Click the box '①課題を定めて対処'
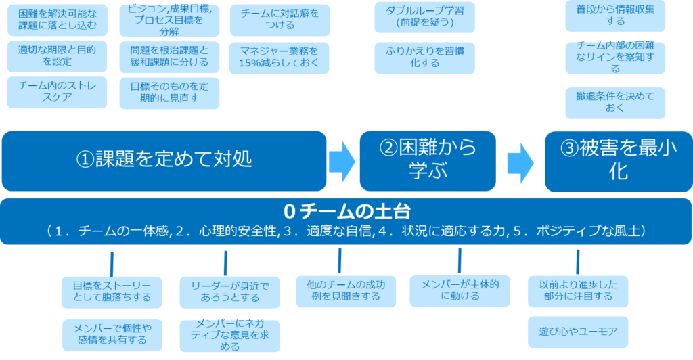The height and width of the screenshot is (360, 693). click(x=164, y=160)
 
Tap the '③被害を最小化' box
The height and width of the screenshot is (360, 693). click(x=619, y=160)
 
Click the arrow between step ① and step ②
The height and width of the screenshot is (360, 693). click(x=342, y=161)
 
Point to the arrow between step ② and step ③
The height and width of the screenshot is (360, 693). click(x=520, y=161)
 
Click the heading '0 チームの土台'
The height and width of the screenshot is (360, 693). click(x=346, y=210)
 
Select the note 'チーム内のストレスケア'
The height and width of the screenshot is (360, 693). click(x=57, y=93)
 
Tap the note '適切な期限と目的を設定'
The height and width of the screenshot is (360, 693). click(x=57, y=56)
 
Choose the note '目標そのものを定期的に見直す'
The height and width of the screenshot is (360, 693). click(x=170, y=93)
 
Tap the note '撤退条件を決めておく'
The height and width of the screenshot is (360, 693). click(x=615, y=102)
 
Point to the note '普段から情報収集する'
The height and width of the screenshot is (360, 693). click(x=615, y=16)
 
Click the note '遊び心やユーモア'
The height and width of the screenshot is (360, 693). click(x=578, y=332)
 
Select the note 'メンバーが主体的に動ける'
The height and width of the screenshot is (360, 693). click(x=460, y=290)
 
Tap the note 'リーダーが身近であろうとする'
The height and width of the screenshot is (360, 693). click(x=229, y=292)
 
